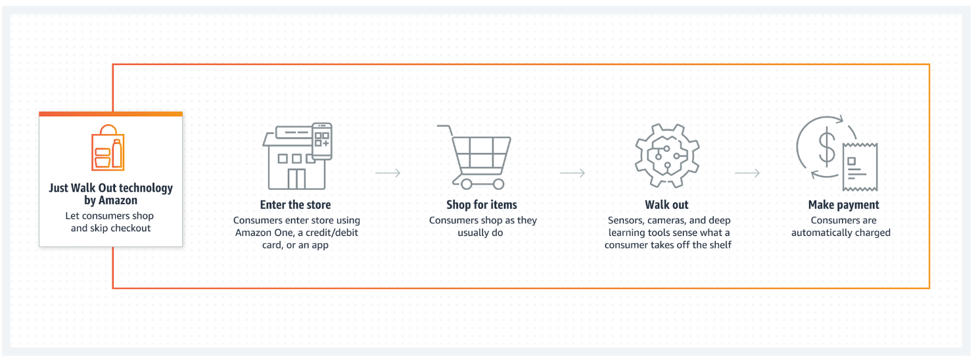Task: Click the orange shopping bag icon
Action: point(108,148)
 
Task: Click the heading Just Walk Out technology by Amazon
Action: point(110,194)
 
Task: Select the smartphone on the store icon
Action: point(321,141)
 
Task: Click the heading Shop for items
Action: point(482,205)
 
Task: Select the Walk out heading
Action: point(666,205)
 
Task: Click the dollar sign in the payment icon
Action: point(826,146)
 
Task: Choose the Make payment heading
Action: point(843,205)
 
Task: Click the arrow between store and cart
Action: point(388,173)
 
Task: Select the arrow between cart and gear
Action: point(572,173)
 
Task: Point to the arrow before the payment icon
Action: point(747,173)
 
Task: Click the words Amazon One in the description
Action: point(261,233)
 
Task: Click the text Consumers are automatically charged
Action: point(841,227)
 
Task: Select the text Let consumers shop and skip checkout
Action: point(110,222)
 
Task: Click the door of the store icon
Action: point(296,179)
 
